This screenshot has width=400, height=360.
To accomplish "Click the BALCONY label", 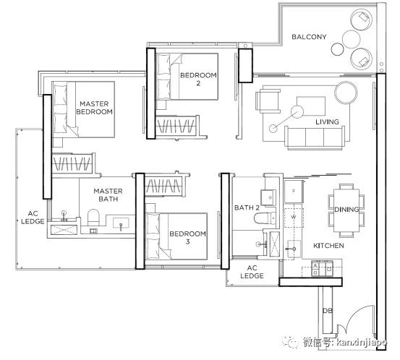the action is (309, 37).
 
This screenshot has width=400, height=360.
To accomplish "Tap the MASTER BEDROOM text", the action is (94, 108).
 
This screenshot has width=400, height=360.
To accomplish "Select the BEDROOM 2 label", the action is (198, 79).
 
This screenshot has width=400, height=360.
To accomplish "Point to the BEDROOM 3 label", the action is (187, 237).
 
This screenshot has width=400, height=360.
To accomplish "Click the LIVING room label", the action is (327, 122).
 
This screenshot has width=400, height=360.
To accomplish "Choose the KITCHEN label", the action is (328, 246).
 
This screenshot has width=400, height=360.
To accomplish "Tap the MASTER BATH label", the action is (108, 194).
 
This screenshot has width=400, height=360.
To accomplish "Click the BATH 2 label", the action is (247, 207).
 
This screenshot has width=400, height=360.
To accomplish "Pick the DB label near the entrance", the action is (328, 311).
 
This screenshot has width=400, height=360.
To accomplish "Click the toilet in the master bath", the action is (93, 218).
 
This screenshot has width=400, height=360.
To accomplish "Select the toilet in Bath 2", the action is (265, 218).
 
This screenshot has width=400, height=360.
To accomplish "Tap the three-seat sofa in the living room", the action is (313, 138).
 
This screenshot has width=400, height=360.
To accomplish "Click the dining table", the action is (346, 210).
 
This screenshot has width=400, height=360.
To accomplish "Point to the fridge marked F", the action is (294, 192).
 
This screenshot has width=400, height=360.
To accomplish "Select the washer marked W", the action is (294, 218).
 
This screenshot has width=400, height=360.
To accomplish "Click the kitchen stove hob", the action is (322, 268).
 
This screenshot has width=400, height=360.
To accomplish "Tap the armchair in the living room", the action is (268, 101).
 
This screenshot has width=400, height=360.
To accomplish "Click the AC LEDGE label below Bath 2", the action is (252, 272).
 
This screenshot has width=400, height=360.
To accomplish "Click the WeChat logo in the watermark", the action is (291, 342).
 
